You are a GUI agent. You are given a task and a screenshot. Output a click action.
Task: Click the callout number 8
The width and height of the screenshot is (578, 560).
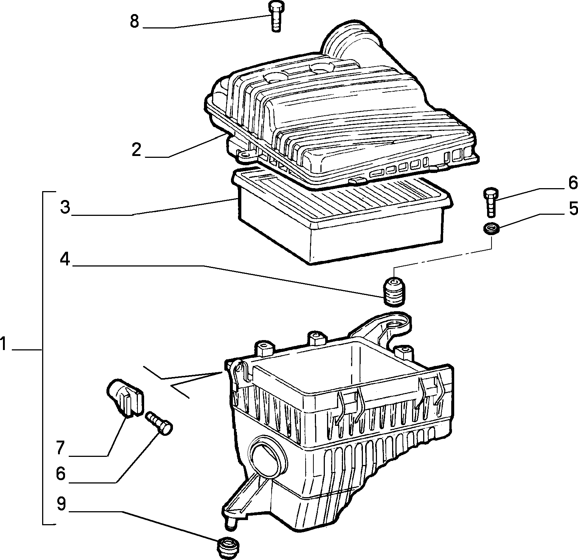[134, 21]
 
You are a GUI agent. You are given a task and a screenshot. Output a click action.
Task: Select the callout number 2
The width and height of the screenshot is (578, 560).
[136, 150]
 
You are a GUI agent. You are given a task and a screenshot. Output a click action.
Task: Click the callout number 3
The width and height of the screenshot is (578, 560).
[65, 207]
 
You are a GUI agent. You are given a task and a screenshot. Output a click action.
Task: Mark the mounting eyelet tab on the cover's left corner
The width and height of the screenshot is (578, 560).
[246, 154]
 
